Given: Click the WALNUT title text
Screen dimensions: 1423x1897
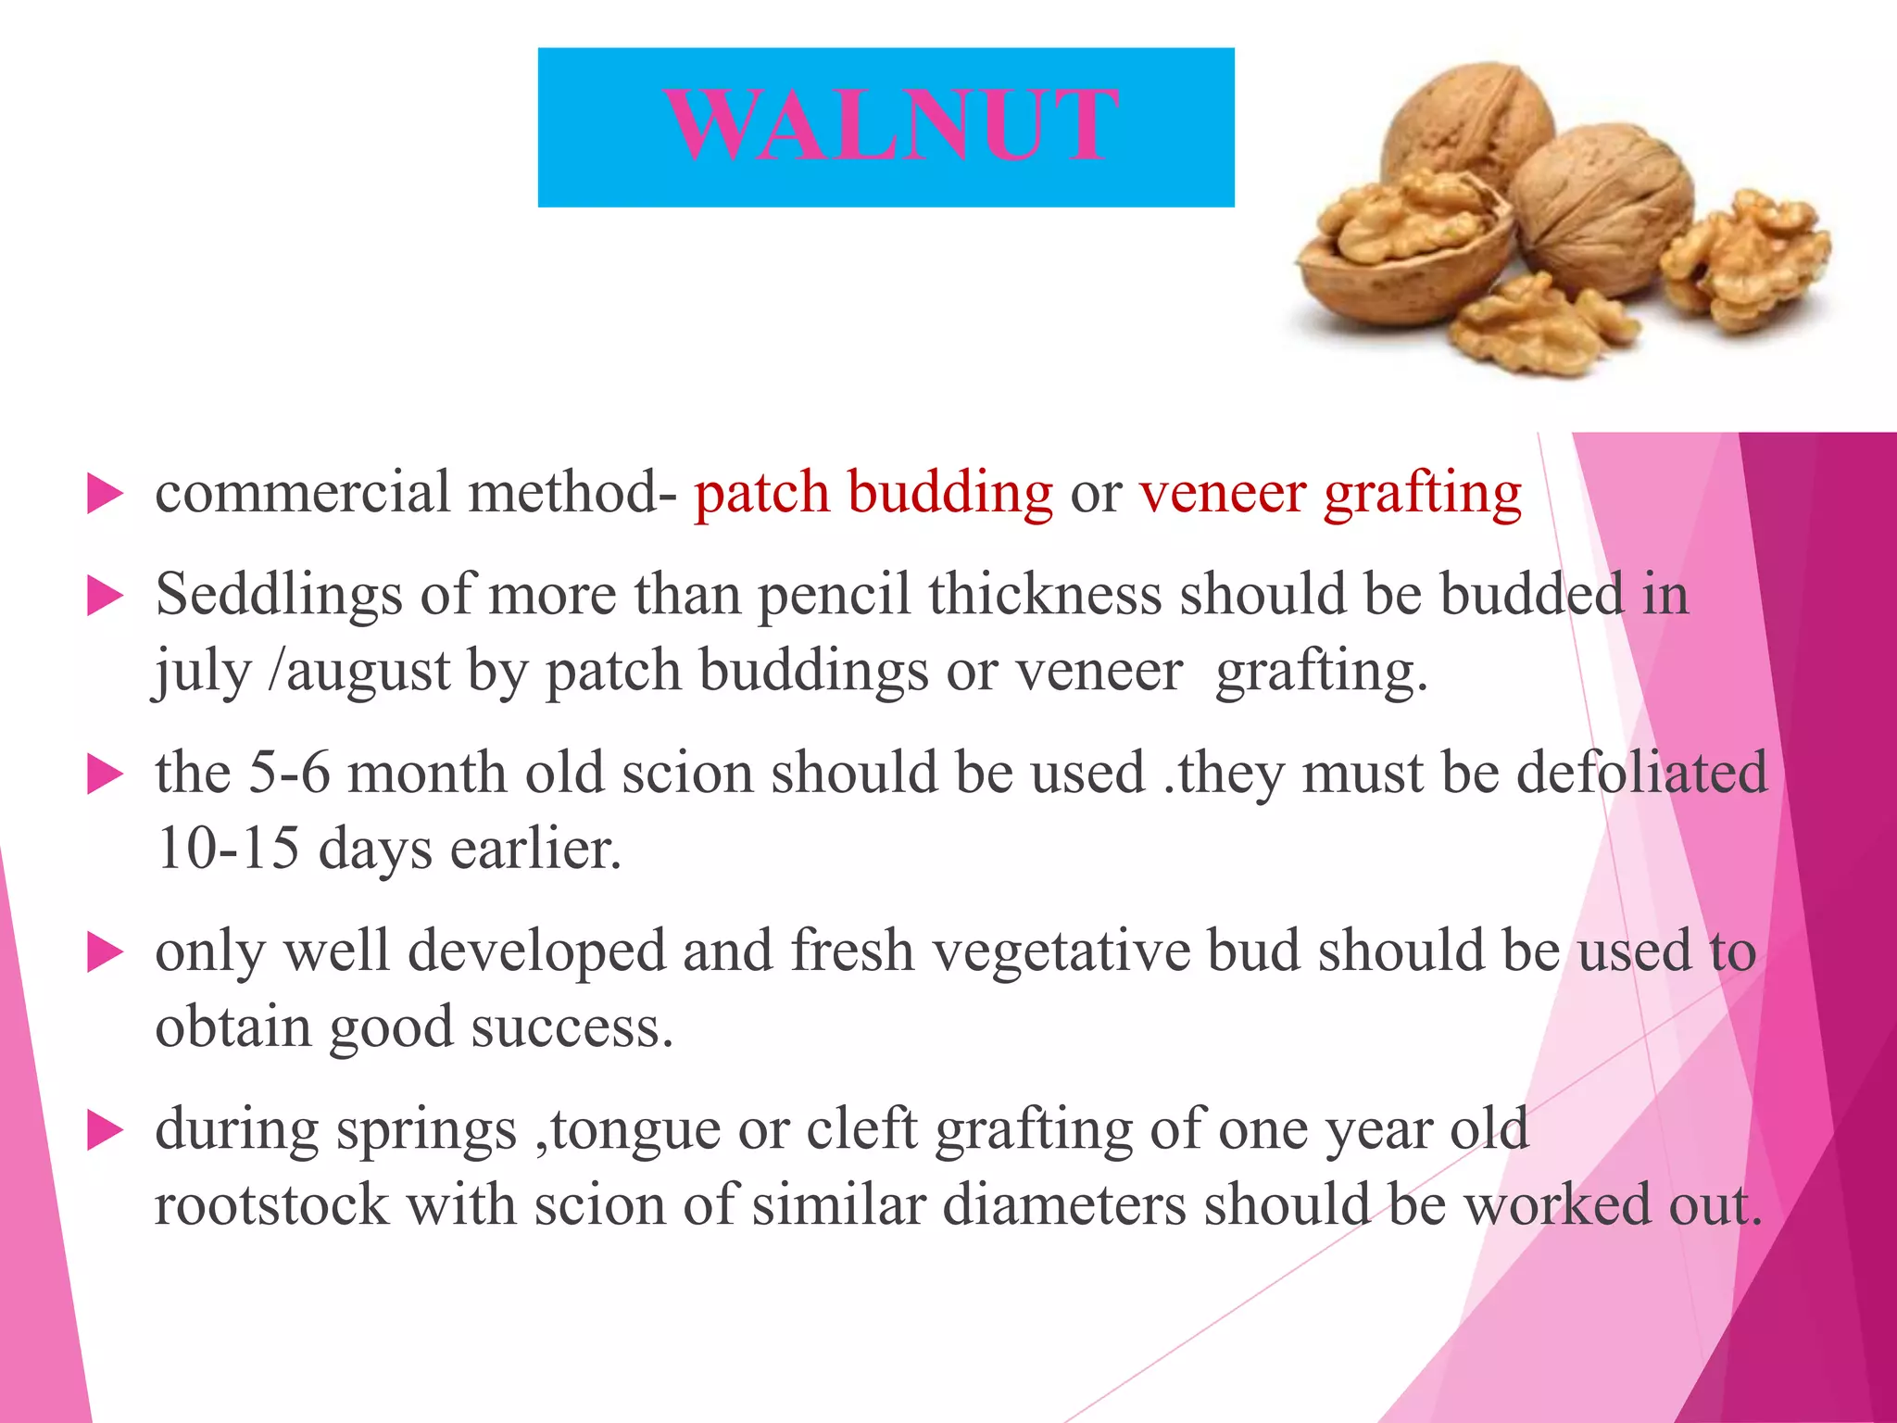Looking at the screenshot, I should (x=891, y=126).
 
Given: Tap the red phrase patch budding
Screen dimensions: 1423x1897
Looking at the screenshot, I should (x=873, y=492).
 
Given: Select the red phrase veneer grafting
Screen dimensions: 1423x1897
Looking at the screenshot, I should (x=1330, y=492).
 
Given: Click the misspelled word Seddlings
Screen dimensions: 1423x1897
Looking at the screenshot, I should (x=279, y=594).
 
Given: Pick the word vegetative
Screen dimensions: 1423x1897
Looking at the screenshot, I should (x=1062, y=951).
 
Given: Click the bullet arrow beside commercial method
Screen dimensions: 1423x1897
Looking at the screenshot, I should (x=105, y=494).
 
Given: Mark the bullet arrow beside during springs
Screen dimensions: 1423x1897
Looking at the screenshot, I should (x=105, y=1131).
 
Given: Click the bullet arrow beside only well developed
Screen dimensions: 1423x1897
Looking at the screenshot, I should (x=105, y=953).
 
